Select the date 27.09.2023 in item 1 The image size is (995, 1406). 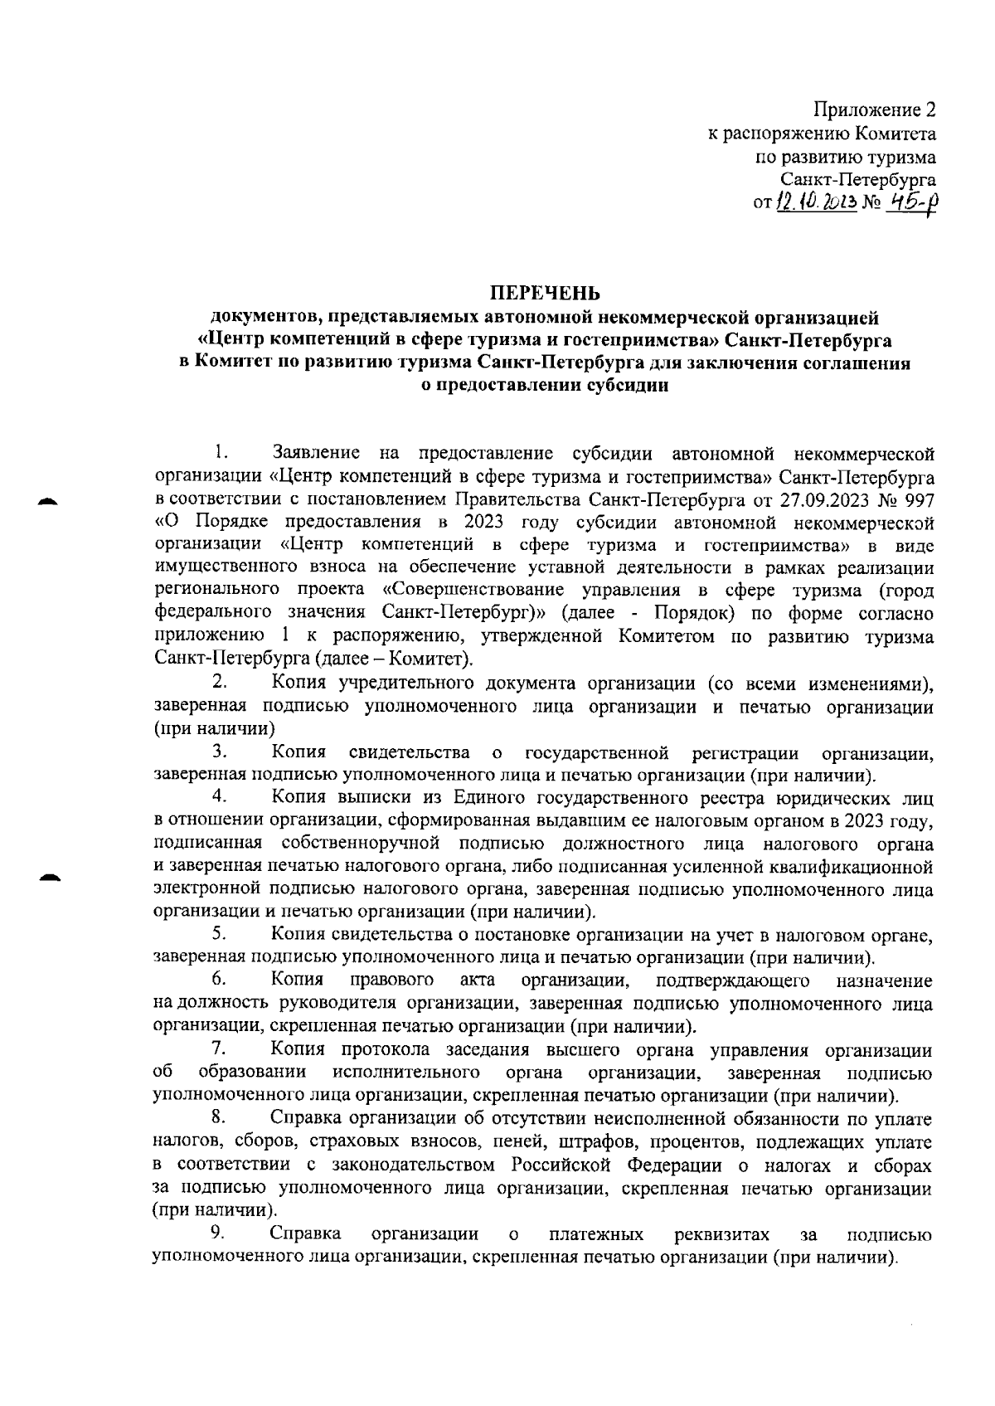point(820,500)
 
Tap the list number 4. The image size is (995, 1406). point(220,797)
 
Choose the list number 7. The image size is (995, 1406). point(219,1050)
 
